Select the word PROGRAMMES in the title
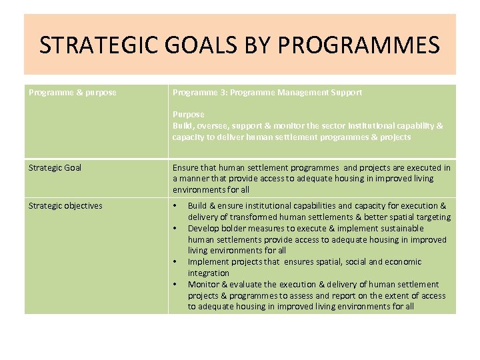click(x=357, y=45)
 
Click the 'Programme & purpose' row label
click(x=73, y=93)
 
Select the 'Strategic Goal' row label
click(x=55, y=167)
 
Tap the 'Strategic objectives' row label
click(x=65, y=205)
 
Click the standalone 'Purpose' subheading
click(x=189, y=115)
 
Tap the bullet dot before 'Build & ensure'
click(x=176, y=206)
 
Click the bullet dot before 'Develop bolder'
click(x=176, y=229)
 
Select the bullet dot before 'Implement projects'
click(x=176, y=262)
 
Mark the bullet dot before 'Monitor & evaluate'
click(x=176, y=285)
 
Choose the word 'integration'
click(x=209, y=273)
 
